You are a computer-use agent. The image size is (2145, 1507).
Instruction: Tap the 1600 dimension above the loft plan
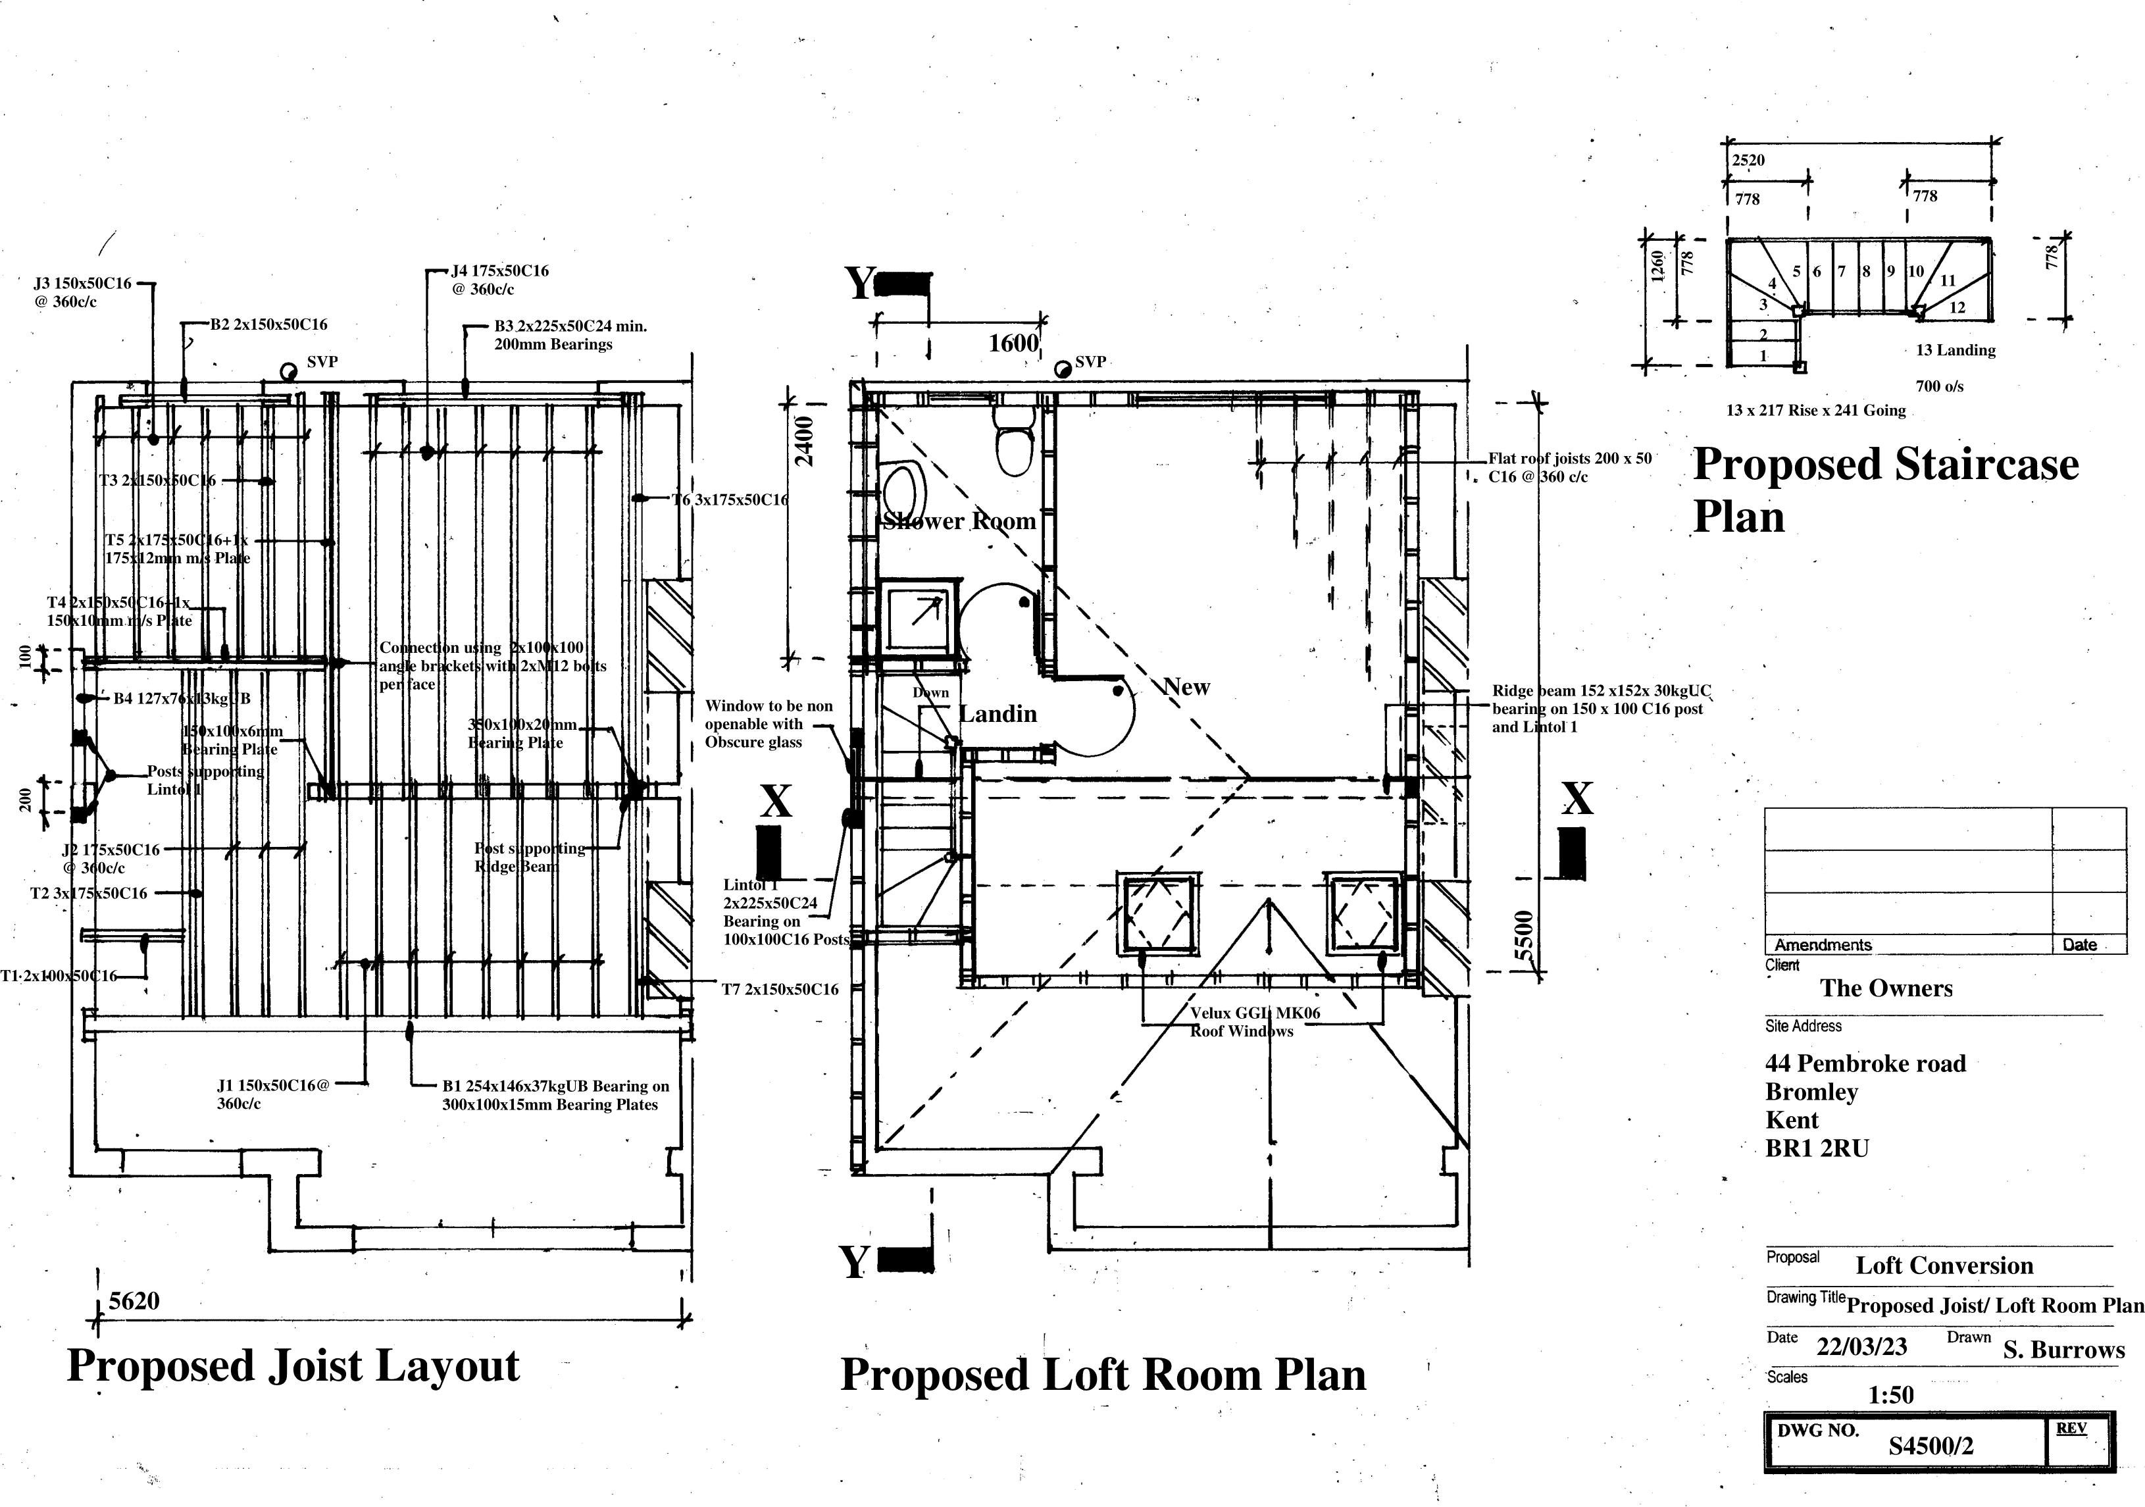coord(1013,343)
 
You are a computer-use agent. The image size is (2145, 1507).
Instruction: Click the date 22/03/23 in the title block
coord(1861,1347)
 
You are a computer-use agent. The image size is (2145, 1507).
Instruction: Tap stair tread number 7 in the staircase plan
coord(1842,272)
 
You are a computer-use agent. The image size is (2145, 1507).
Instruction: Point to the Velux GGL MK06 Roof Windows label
coord(1253,1021)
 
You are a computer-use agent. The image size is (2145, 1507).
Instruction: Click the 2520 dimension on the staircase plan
coord(1748,160)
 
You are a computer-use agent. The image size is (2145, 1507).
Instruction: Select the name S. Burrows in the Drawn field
coord(2063,1350)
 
